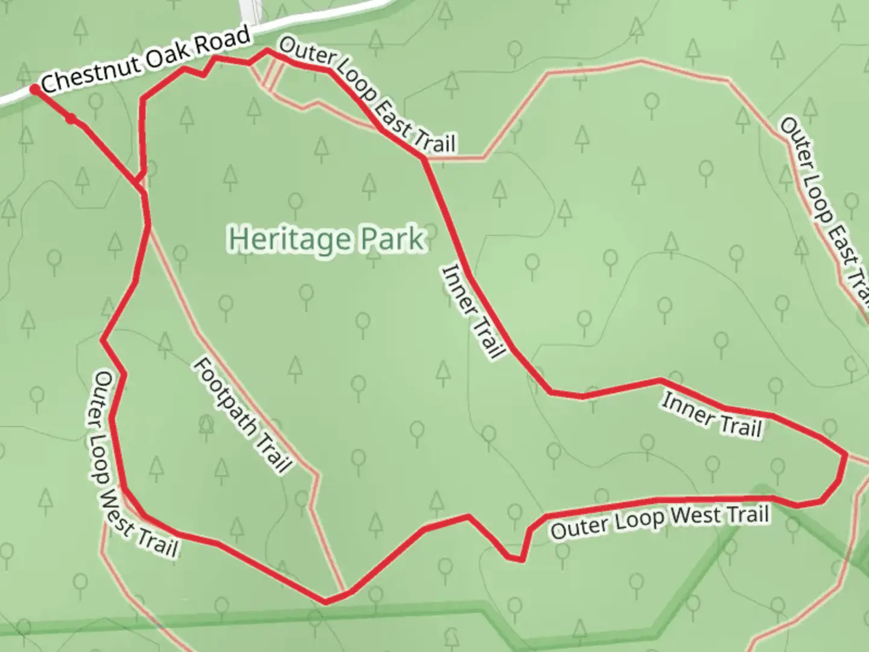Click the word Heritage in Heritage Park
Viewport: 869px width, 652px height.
(x=291, y=240)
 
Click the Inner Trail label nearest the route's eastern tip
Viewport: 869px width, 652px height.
(x=712, y=415)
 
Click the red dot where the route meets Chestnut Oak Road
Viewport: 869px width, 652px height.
(x=35, y=89)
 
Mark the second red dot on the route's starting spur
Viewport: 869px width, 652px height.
(x=71, y=119)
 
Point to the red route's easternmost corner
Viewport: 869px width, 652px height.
(x=846, y=453)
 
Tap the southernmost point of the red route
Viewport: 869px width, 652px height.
(x=326, y=601)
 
